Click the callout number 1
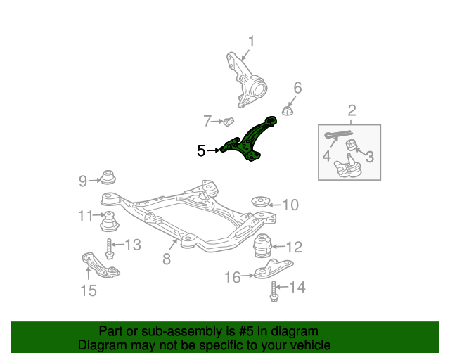coord(251,41)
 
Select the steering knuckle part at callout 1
coord(246,81)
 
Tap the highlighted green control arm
coord(248,139)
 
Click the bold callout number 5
coord(201,150)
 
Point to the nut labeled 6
coord(287,111)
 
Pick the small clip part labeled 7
coord(229,122)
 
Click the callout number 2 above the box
coord(352,110)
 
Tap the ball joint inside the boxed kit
coord(347,167)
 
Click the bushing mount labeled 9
coord(108,177)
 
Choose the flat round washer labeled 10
coord(261,201)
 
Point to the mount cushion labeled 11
coord(110,221)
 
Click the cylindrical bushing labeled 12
coord(262,246)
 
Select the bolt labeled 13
coord(110,249)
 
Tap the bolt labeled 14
coord(274,291)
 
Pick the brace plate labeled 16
coord(273,269)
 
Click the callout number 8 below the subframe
coord(167,259)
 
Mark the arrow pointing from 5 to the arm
coord(213,150)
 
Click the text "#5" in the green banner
coord(246,332)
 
